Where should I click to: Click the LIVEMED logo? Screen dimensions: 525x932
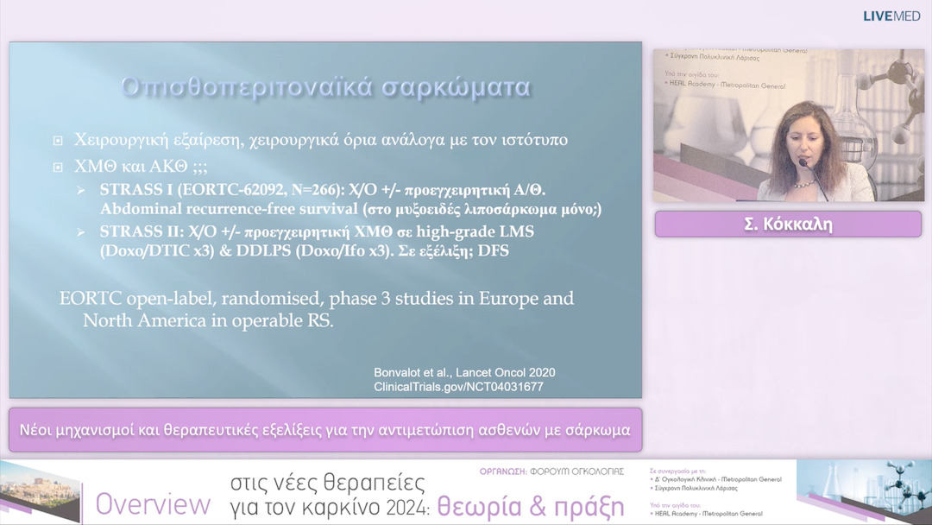(892, 16)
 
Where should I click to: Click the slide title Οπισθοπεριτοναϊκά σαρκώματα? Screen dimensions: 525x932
(325, 87)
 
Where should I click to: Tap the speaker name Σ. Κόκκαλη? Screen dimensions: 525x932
(788, 224)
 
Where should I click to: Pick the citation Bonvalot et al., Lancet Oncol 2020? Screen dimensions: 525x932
(464, 372)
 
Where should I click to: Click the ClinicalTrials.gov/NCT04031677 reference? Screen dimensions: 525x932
(458, 387)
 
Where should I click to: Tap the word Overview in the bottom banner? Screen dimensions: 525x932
(153, 504)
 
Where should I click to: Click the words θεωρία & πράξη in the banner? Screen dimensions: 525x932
(530, 506)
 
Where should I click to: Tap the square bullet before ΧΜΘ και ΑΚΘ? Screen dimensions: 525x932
(58, 167)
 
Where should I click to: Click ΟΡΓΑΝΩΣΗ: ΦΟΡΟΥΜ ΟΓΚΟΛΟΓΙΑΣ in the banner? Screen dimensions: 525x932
(553, 471)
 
